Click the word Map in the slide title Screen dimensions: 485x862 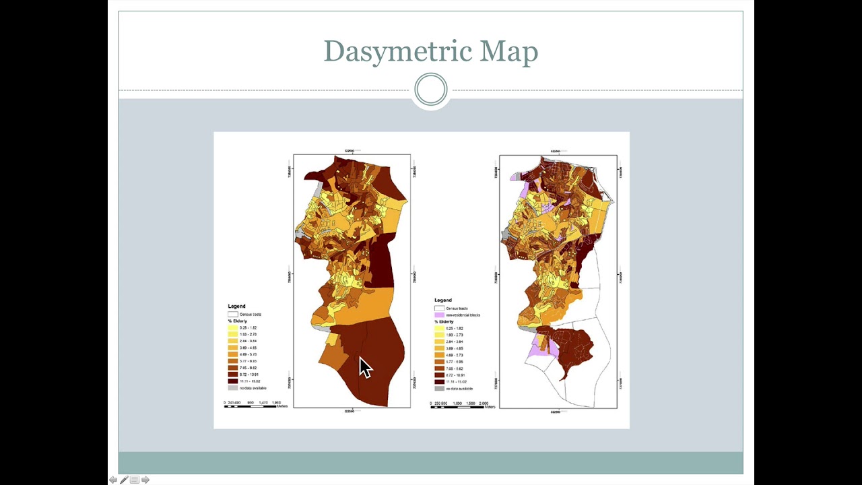(508, 52)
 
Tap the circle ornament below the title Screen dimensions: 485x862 (431, 90)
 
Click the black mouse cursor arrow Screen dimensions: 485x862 (364, 368)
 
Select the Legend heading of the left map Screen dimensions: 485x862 (236, 306)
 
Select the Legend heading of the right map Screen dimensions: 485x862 (443, 300)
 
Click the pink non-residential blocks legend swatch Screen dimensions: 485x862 (440, 315)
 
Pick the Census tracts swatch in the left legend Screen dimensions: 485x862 (233, 314)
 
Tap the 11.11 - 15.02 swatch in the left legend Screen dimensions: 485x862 (233, 381)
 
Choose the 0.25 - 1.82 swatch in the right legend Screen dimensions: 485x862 (440, 329)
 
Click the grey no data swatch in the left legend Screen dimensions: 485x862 (233, 388)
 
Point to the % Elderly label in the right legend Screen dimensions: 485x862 (444, 322)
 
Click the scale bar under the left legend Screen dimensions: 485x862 (251, 406)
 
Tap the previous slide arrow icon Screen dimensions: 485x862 (113, 480)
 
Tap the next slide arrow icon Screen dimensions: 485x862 (145, 480)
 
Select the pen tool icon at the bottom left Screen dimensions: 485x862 (124, 480)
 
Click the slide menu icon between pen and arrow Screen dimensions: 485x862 (135, 480)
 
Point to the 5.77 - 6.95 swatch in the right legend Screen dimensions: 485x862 (440, 362)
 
